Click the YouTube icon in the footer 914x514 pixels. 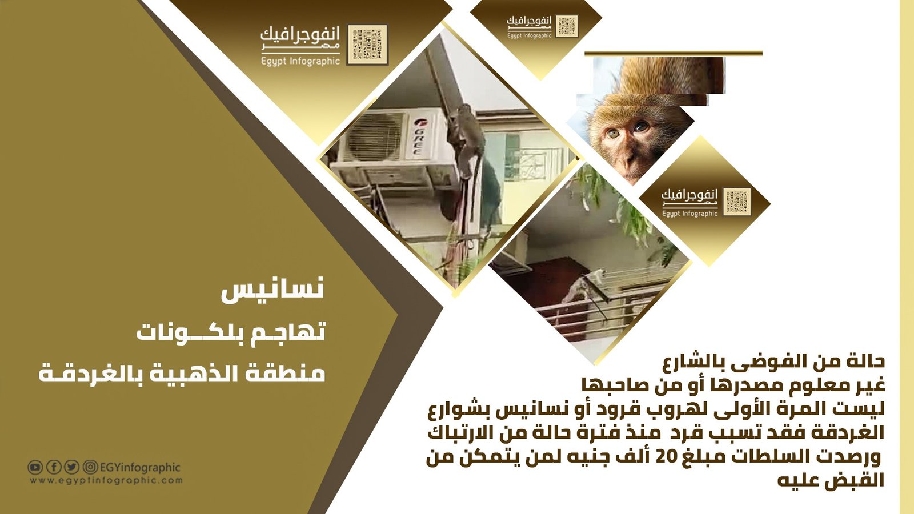pos(35,467)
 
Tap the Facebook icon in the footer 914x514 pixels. pos(54,467)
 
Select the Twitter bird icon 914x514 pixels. pos(72,467)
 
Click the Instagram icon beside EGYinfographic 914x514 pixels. pos(90,467)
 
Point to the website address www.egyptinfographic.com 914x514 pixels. pos(106,480)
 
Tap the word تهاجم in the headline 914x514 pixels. pos(285,332)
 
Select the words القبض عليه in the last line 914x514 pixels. pos(831,481)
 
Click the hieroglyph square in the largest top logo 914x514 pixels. pos(367,45)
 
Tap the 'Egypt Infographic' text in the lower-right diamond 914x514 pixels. pos(689,214)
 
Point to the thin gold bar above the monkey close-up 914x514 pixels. pos(674,54)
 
